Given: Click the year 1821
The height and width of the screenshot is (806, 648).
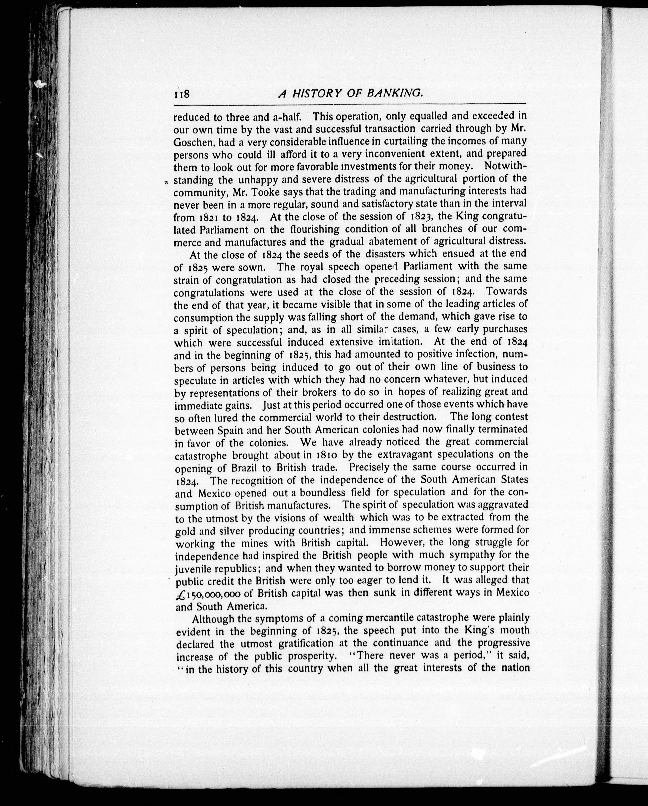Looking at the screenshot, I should pyautogui.click(x=205, y=218).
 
